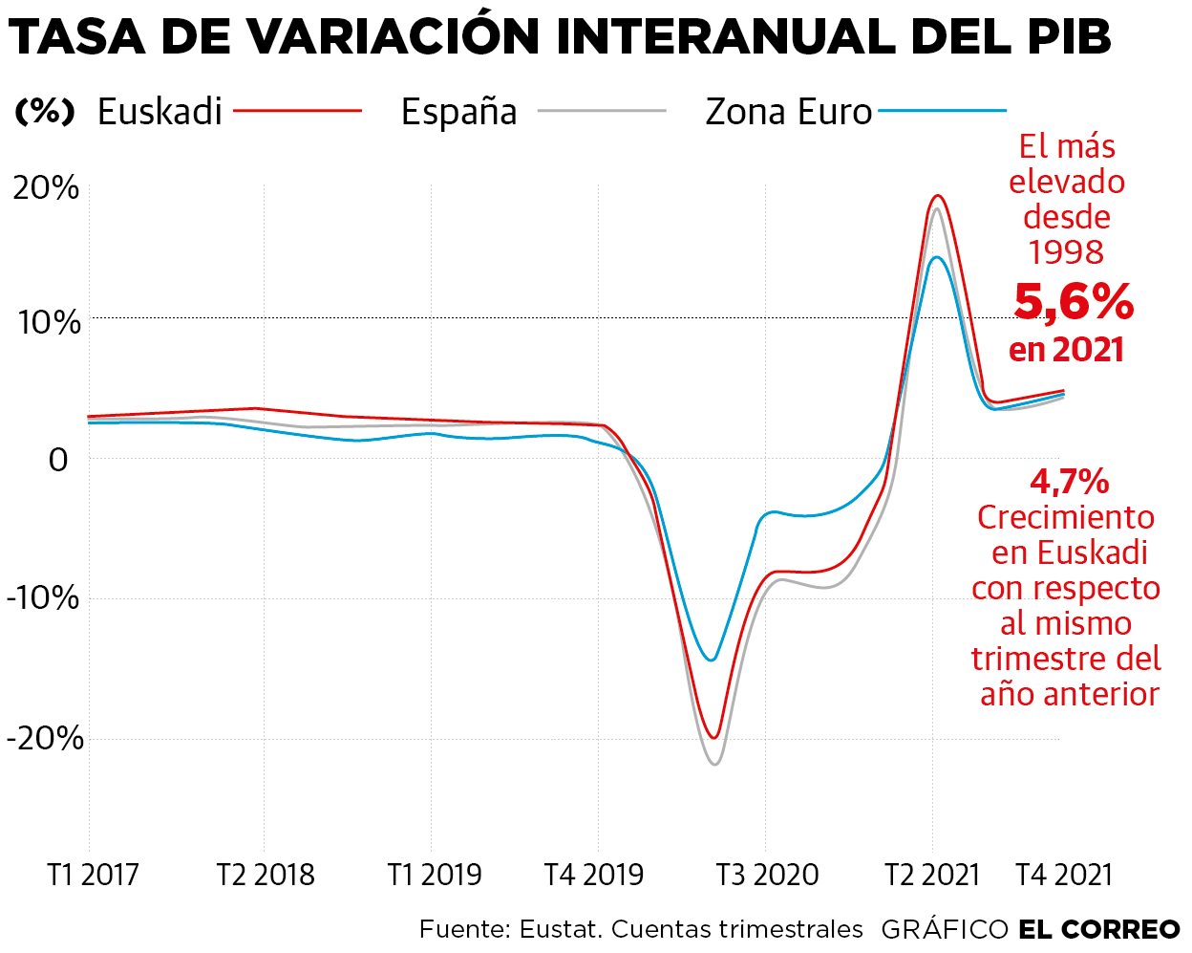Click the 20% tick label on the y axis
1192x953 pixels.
46,187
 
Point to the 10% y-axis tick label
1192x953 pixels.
49,322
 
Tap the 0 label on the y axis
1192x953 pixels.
58,460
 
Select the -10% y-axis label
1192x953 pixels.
44,598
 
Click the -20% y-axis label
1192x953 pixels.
45,738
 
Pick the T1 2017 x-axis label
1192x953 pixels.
93,874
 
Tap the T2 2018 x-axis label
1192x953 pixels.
265,874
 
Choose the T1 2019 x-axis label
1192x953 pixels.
435,874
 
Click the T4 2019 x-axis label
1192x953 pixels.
594,874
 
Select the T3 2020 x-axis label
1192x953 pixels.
767,874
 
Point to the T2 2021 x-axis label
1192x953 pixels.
932,874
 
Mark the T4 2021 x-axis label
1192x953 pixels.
1064,874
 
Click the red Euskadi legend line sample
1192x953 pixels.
298,111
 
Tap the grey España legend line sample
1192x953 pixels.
602,111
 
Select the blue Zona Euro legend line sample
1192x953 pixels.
942,111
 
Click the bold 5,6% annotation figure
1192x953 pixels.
1074,301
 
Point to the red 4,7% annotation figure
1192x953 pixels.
1069,481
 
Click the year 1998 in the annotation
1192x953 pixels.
1066,252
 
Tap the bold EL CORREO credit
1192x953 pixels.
1099,929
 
